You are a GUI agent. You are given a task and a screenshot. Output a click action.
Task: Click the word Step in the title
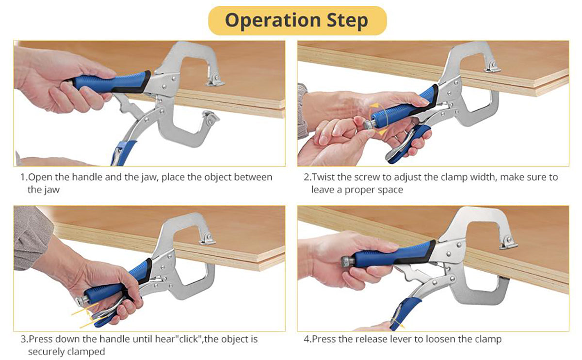(348, 21)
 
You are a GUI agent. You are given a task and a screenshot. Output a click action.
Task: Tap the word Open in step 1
(40, 178)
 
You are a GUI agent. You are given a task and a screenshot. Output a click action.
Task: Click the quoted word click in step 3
(189, 339)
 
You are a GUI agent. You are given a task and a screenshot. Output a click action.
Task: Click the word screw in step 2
(367, 178)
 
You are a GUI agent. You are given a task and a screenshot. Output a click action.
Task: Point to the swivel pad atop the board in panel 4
(508, 243)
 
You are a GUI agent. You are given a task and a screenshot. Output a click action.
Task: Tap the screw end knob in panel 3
(82, 301)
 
